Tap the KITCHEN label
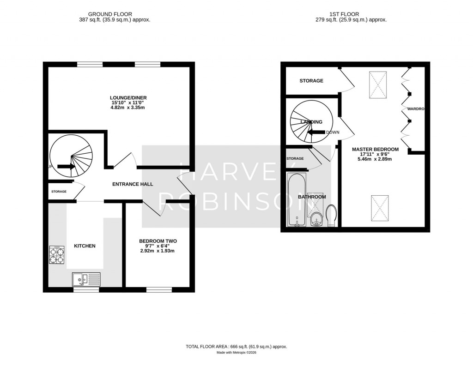pos(85,246)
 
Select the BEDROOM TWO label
pos(158,241)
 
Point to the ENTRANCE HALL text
pos(133,184)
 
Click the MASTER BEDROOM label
pos(375,150)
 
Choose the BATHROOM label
pos(312,197)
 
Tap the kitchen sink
pos(86,279)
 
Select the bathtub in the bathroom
pos(295,200)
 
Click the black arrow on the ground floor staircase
pos(67,167)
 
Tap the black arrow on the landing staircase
pos(316,133)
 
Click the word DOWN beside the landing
pos(333,132)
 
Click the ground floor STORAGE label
pos(59,192)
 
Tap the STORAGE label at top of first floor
pos(311,81)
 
